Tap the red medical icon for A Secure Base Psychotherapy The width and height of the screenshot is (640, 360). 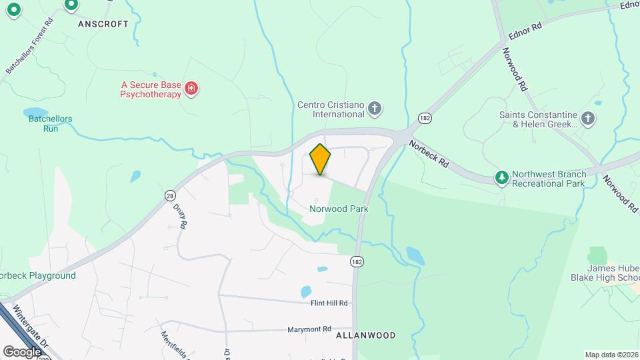tap(191, 89)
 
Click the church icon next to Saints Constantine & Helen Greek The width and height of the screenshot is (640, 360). tap(587, 119)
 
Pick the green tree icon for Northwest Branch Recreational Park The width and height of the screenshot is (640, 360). tap(501, 177)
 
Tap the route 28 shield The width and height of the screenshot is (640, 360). tap(170, 195)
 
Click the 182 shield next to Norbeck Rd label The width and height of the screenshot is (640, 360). tap(424, 118)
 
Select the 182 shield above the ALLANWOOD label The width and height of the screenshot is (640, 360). tap(358, 261)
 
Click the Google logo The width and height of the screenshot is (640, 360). tap(22, 351)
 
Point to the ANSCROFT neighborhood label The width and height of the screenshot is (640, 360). tap(103, 23)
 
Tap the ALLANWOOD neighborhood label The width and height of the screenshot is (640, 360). tap(366, 335)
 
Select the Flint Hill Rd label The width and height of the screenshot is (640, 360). tap(329, 303)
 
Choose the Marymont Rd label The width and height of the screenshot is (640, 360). tap(309, 329)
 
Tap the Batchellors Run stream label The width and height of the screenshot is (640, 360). tap(50, 123)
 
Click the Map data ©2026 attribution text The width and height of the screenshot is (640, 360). tap(611, 355)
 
